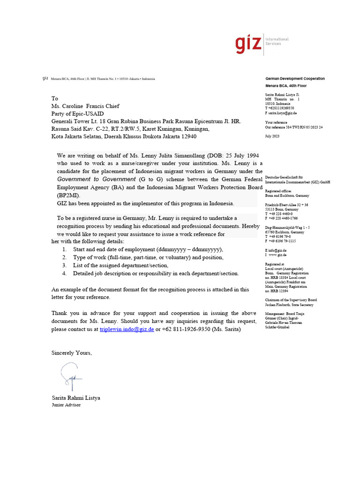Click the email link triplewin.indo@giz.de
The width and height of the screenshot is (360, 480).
[127, 329]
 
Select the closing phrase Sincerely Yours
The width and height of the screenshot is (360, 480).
[72, 352]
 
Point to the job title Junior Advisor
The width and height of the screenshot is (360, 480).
[66, 405]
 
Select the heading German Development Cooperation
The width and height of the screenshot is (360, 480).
[295, 79]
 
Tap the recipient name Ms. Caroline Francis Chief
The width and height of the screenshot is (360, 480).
[85, 106]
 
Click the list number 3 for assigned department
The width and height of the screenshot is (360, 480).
[64, 265]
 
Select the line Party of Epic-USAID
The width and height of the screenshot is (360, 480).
[77, 113]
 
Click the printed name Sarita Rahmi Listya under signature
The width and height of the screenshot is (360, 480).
[75, 397]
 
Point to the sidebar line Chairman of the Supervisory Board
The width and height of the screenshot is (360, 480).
[291, 300]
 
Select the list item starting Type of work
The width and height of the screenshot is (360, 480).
[148, 257]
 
